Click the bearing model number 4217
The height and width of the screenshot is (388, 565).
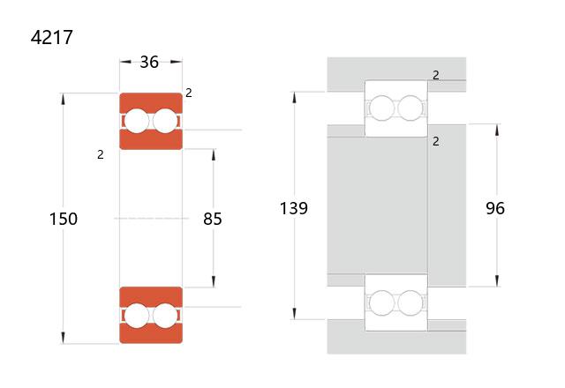52,37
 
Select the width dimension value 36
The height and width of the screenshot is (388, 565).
149,62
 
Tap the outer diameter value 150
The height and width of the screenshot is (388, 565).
64,219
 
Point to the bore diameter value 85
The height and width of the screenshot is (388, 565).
213,219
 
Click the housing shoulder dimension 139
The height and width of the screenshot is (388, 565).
294,208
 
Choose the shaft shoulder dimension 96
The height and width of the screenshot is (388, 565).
495,208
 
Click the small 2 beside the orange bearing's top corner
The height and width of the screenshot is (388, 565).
189,93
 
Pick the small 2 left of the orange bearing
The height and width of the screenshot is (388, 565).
101,155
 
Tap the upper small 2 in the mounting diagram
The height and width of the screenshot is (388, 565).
436,75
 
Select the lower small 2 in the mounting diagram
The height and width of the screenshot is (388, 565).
436,141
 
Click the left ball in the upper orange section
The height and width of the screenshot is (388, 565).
137,121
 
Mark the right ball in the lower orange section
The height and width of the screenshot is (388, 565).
165,316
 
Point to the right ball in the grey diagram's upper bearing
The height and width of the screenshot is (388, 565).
411,108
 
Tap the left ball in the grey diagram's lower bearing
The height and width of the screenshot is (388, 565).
381,302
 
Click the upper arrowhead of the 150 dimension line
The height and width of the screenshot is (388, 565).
63,99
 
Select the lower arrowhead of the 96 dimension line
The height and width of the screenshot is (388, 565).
497,281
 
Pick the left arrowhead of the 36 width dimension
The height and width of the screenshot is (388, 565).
125,62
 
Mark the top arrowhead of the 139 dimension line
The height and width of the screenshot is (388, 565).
294,98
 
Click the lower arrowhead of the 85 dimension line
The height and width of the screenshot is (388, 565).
214,282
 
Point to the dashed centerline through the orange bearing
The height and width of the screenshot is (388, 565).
151,219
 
